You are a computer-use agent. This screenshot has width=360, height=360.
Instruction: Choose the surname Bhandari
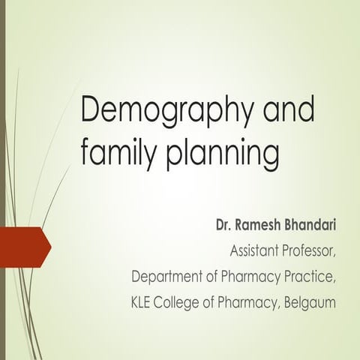pos(309,224)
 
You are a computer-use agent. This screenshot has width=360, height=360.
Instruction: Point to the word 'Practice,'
pos(310,278)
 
